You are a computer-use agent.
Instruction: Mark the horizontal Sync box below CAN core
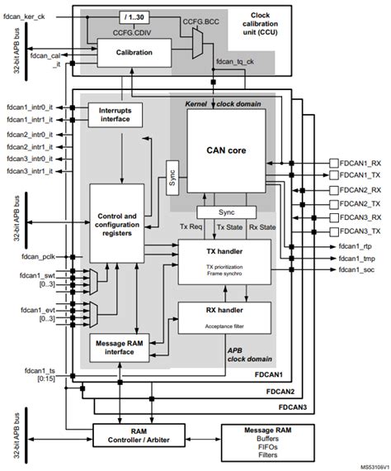226,212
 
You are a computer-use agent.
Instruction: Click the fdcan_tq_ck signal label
236,62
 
